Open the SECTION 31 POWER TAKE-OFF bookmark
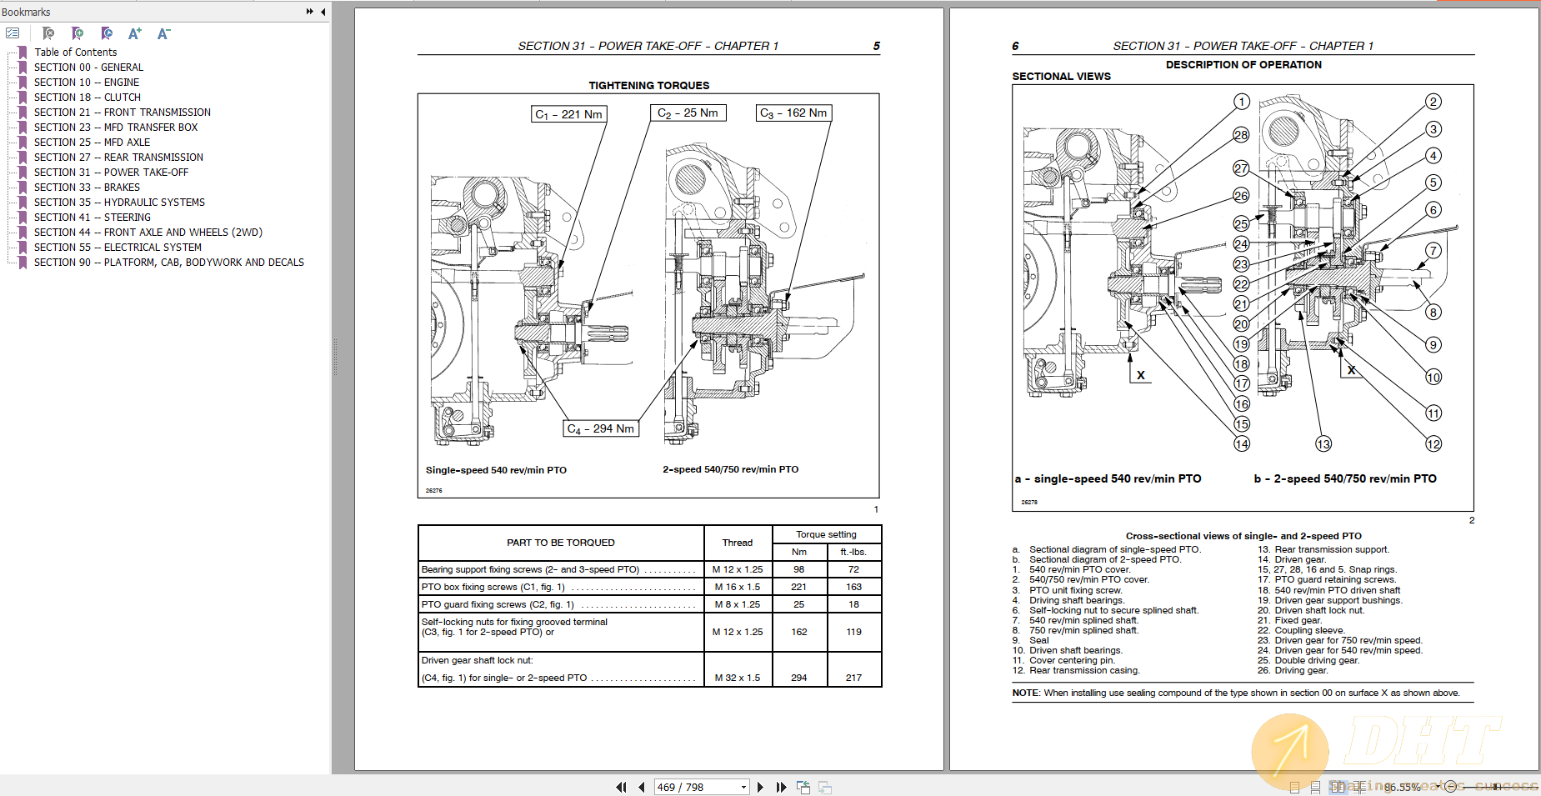(111, 173)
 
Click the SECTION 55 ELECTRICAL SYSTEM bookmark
(118, 248)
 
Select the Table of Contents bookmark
(75, 53)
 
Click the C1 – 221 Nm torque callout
(568, 114)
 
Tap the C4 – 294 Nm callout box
(601, 428)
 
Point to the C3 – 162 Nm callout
(793, 113)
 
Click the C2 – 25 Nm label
(688, 113)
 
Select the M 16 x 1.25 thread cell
(738, 587)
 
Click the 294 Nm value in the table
(798, 678)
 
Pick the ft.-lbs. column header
(853, 552)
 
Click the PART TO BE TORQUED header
(560, 543)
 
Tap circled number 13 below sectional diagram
(1323, 444)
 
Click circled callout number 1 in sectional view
(1242, 102)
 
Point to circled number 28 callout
(1241, 135)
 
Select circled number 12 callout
(1433, 444)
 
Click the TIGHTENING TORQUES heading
(648, 85)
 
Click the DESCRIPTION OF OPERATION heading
(1243, 64)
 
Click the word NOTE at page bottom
(1025, 693)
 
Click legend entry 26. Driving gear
(1300, 670)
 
